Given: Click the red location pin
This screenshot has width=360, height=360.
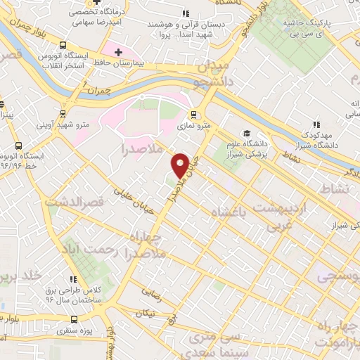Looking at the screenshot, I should point(181,165).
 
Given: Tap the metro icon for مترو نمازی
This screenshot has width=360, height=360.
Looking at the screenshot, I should point(195,116).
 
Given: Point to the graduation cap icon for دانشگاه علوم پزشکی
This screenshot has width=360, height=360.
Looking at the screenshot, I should point(246,134).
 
